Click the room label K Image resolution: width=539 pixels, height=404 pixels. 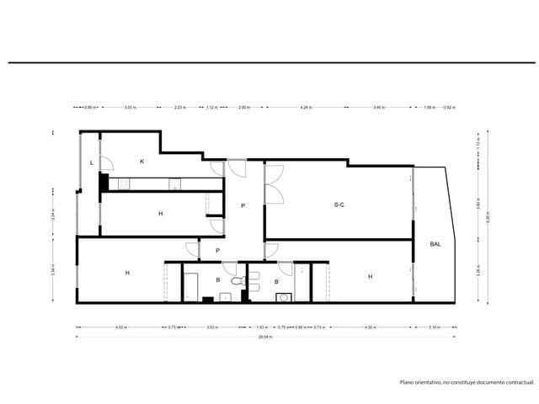(x=141, y=161)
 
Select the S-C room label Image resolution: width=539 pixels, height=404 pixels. (x=339, y=205)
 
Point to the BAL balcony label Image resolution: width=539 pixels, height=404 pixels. (x=435, y=244)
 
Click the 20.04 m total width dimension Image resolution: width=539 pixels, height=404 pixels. (x=265, y=337)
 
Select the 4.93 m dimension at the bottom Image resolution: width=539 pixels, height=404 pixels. (x=120, y=327)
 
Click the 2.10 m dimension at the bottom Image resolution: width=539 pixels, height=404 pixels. (x=434, y=327)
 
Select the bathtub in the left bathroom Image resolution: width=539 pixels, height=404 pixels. (x=191, y=286)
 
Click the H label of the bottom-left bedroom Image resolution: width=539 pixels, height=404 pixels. (x=127, y=273)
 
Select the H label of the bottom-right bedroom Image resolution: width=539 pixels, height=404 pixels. (x=370, y=275)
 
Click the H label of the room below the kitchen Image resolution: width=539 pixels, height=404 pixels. (x=160, y=214)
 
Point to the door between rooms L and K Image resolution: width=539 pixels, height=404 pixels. (x=104, y=165)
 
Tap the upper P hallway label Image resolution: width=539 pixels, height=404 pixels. (x=243, y=205)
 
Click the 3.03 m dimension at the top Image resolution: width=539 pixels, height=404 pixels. (x=130, y=108)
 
